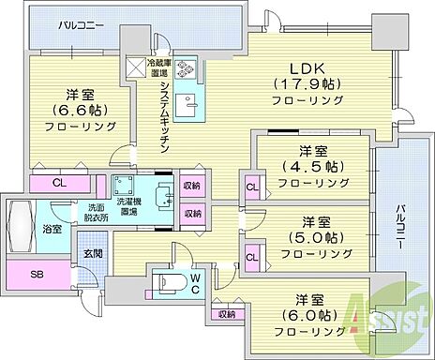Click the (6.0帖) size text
pyautogui.click(x=306, y=316)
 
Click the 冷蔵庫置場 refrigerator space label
pyautogui.click(x=157, y=67)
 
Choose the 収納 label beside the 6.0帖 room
pyautogui.click(x=225, y=315)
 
